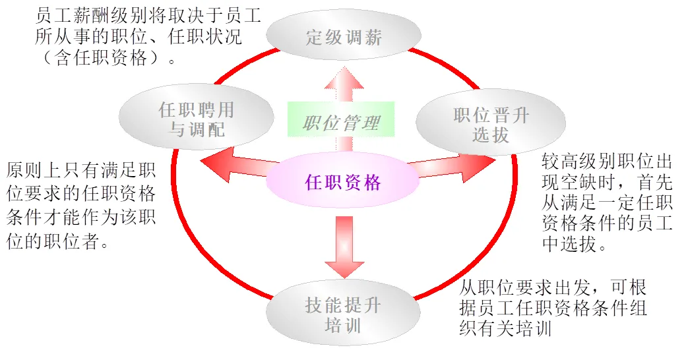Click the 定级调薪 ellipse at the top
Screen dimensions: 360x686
pyautogui.click(x=344, y=37)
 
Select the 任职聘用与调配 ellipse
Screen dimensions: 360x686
pyautogui.click(x=197, y=119)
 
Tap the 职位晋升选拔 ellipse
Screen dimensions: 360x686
pyautogui.click(x=491, y=125)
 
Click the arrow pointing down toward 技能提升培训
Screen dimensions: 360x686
pyautogui.click(x=344, y=247)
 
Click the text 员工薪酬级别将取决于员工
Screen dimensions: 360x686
pyautogui.click(x=148, y=15)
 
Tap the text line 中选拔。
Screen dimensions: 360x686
pyautogui.click(x=574, y=245)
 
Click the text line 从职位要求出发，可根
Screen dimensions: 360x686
pyautogui.click(x=553, y=287)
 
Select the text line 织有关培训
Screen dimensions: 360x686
pyautogui.click(x=505, y=328)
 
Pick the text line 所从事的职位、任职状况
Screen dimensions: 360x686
pyautogui.click(x=139, y=36)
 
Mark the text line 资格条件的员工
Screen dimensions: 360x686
pyautogui.click(x=607, y=224)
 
